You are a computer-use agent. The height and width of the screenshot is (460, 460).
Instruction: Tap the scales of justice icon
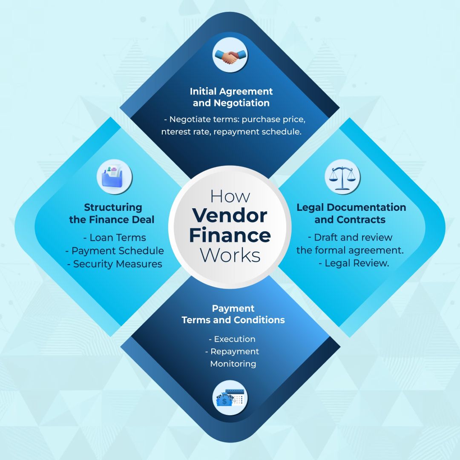(342, 177)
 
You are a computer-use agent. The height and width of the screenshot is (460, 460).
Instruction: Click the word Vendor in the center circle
(230, 216)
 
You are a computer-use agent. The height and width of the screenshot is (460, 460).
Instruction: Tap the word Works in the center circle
(230, 255)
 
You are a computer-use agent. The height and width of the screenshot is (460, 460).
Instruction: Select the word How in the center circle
(230, 196)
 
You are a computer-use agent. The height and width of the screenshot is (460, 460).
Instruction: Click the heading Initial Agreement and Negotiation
(231, 97)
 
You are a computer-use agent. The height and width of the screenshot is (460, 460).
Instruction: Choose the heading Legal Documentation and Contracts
(351, 213)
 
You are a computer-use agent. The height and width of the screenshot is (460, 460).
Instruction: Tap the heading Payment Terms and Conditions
(233, 314)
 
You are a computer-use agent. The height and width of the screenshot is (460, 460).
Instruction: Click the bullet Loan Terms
(115, 238)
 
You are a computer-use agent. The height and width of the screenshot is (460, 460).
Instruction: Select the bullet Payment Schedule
(115, 251)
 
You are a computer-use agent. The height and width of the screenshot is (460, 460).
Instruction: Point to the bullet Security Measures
(115, 264)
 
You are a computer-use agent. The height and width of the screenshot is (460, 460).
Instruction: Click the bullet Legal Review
(354, 263)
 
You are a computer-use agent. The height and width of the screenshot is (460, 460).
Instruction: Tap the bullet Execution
(232, 339)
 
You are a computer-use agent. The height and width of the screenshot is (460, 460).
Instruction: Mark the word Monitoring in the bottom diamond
(233, 364)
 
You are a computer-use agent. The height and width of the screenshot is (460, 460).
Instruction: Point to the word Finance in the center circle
(230, 236)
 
